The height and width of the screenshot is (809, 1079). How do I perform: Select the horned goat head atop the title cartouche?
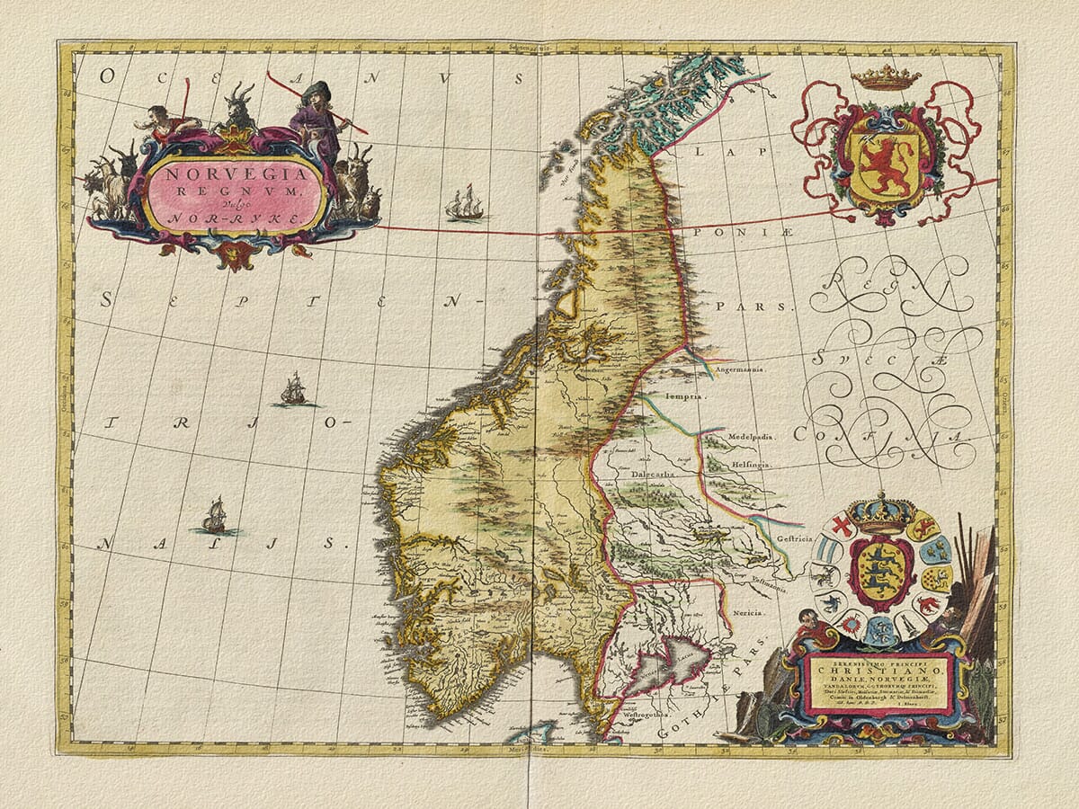238,105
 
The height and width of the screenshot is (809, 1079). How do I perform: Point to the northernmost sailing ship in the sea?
465,205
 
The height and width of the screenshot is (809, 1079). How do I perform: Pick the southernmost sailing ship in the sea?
214,516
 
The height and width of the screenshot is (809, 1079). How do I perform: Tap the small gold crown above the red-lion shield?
886,78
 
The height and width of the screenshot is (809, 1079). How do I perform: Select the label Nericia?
747,611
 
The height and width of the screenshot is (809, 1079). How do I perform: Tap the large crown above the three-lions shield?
881,515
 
